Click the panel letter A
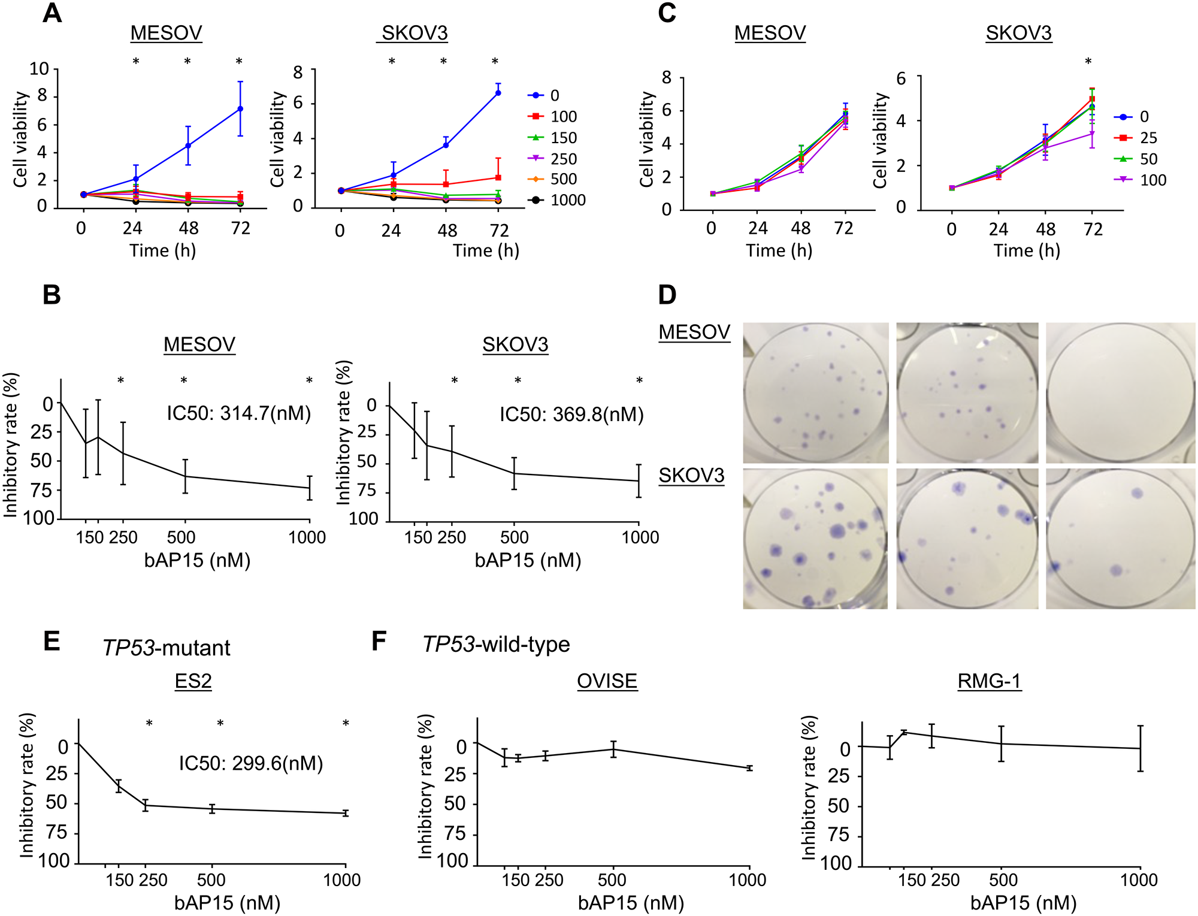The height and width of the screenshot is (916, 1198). pos(52,13)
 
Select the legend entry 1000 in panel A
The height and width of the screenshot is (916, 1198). pos(567,200)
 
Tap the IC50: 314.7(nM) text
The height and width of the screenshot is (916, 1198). pos(238,413)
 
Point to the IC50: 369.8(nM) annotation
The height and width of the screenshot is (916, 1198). pos(571,415)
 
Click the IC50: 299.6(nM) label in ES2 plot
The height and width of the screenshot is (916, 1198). pos(251,763)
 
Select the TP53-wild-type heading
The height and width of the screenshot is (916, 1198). pos(496,645)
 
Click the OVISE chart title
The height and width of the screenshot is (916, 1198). pos(607,681)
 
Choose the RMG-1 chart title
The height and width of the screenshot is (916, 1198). pos(988,681)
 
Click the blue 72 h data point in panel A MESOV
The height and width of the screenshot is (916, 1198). pos(240,109)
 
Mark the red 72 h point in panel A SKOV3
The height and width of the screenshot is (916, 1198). pos(498,177)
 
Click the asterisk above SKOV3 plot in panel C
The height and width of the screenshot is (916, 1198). pos(1088,62)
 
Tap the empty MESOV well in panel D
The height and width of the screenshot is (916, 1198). pos(1120,392)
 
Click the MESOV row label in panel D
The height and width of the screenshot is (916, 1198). pos(694,332)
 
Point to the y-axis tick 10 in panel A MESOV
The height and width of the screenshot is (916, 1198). pos(39,69)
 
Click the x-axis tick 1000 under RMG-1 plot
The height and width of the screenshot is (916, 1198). pos(1139,880)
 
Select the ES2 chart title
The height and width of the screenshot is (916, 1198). pos(193,681)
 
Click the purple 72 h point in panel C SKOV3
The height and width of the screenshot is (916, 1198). pos(1092,134)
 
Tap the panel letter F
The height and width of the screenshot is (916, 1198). pos(379,641)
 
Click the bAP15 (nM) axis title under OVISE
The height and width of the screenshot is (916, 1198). pos(631,903)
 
